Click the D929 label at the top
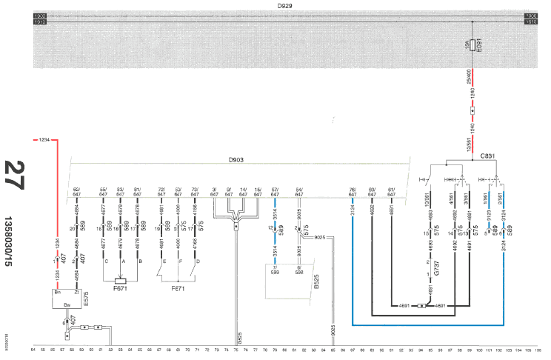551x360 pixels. [284, 5]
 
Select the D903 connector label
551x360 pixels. [236, 160]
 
